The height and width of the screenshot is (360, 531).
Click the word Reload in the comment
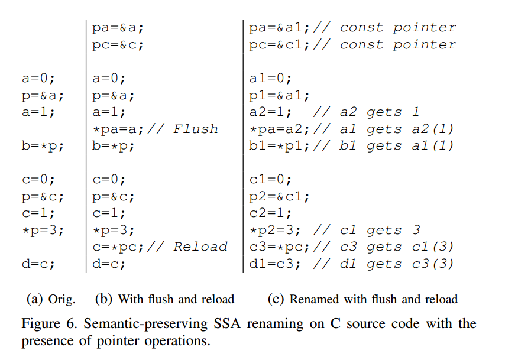pyautogui.click(x=200, y=247)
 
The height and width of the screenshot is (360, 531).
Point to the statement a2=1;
pyautogui.click(x=270, y=112)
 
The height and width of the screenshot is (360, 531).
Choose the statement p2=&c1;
pyautogui.click(x=279, y=197)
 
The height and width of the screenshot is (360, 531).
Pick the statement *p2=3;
pyautogui.click(x=275, y=231)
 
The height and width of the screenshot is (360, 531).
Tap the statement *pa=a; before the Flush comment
pyautogui.click(x=118, y=129)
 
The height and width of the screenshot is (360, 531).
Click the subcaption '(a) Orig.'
pyautogui.click(x=51, y=299)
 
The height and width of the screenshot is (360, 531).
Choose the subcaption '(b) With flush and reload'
pyautogui.click(x=164, y=299)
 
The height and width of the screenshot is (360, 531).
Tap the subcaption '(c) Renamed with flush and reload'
pyautogui.click(x=362, y=299)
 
